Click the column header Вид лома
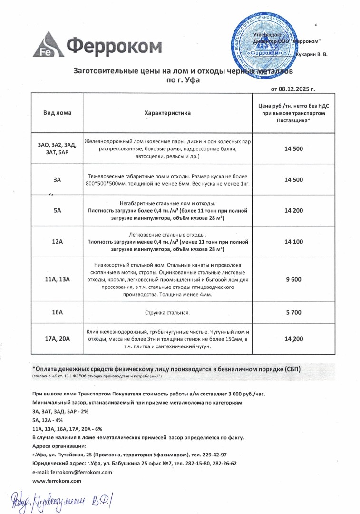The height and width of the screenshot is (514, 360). click(57, 113)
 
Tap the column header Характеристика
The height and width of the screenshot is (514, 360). click(167, 113)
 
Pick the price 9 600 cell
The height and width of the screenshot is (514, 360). click(293, 279)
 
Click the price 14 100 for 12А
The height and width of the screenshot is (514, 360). click(293, 242)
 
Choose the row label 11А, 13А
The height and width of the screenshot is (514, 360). click(57, 279)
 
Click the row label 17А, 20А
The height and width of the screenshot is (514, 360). click(57, 339)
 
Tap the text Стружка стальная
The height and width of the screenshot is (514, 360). click(167, 313)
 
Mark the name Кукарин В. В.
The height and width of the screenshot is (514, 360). click(311, 55)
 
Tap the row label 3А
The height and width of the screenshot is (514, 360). click(57, 179)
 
